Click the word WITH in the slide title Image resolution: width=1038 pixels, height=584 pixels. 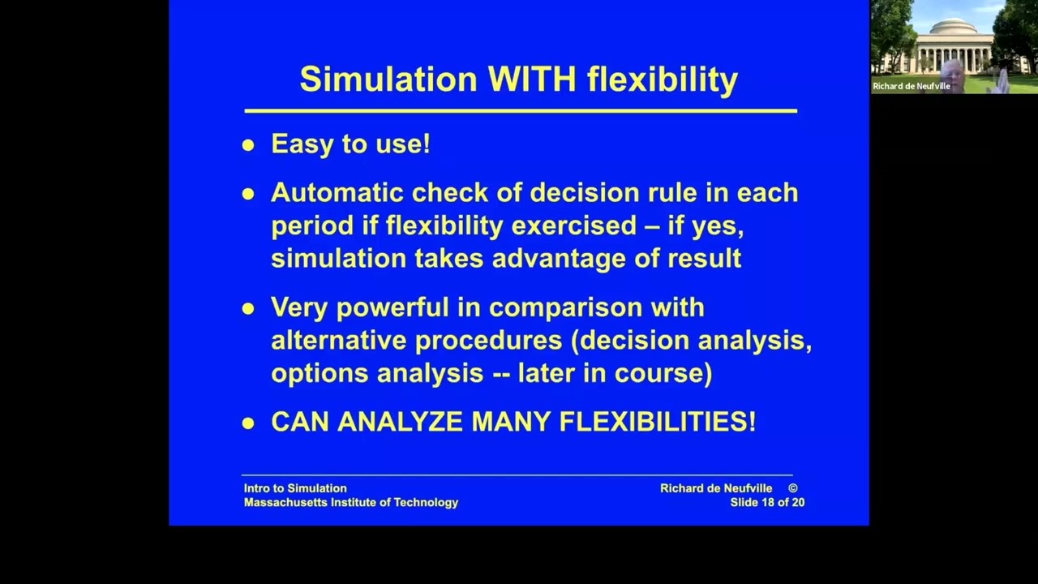pos(532,79)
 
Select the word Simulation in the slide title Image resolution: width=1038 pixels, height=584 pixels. pos(388,79)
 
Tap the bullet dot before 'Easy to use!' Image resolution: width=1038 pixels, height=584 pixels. pos(248,146)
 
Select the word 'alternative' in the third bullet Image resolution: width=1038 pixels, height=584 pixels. pos(339,340)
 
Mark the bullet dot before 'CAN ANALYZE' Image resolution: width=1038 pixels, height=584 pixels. pos(248,423)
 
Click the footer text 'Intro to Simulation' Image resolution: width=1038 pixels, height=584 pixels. pos(295,488)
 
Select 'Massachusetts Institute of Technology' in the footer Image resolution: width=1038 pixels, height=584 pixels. pos(351,503)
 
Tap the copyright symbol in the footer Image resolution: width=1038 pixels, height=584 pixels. pos(792,488)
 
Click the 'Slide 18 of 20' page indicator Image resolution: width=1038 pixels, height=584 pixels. pos(767,503)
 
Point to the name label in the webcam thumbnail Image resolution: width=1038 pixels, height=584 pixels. pos(911,86)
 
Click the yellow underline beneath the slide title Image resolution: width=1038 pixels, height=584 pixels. pos(521,110)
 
